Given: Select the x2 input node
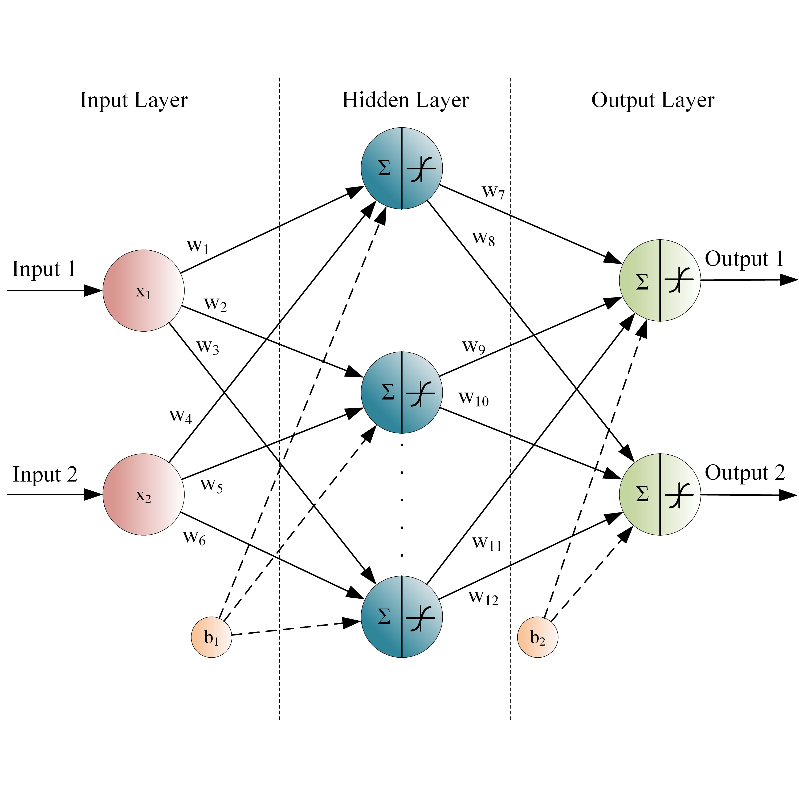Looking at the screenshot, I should pyautogui.click(x=144, y=494).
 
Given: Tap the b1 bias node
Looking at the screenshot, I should pyautogui.click(x=211, y=637).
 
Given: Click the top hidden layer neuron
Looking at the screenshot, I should pyautogui.click(x=402, y=168).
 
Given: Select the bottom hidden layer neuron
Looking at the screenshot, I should pyautogui.click(x=402, y=617).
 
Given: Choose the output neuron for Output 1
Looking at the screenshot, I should pyautogui.click(x=660, y=280).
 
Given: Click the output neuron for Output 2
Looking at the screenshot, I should pyautogui.click(x=660, y=494).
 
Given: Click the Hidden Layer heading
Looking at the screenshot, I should pyautogui.click(x=405, y=100).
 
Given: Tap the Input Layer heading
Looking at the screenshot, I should pyautogui.click(x=134, y=100).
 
